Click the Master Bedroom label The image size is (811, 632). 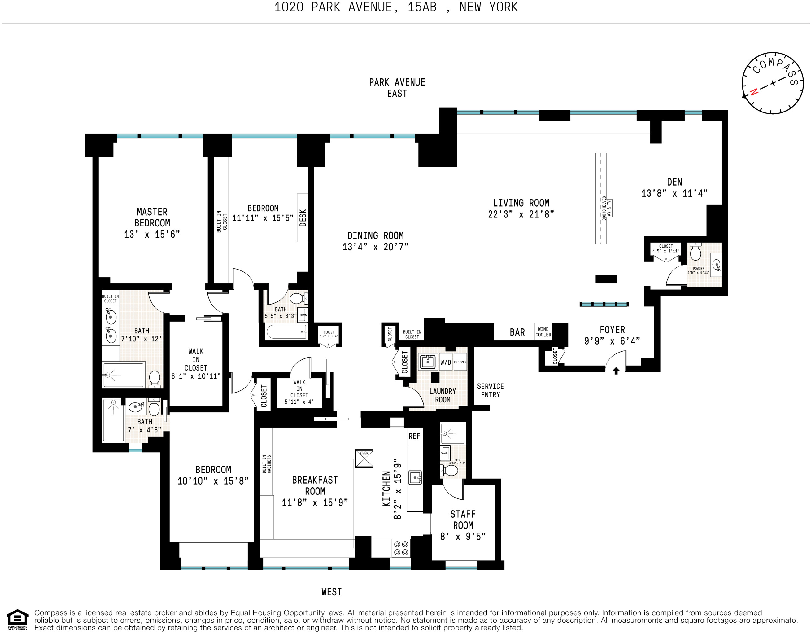coord(152,217)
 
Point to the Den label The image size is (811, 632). coord(674,182)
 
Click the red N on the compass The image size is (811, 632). coord(754,92)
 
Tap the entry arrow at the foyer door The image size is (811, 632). coord(616,371)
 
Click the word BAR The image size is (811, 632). coord(517,332)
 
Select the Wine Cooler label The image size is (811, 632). coord(543,332)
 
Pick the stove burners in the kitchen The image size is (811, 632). coord(401,548)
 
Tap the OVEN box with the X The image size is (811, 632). coord(364,459)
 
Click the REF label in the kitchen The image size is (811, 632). coord(414,436)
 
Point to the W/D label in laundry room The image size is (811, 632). coord(446,362)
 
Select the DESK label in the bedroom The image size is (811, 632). coord(303,218)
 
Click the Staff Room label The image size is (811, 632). coord(463,520)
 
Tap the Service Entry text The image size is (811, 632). coord(490,390)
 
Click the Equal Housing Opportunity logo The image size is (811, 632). coord(17,620)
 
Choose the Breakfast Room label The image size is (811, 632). coord(315,485)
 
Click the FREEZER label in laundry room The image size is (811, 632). coord(460,362)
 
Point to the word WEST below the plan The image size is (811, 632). coord(331,592)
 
